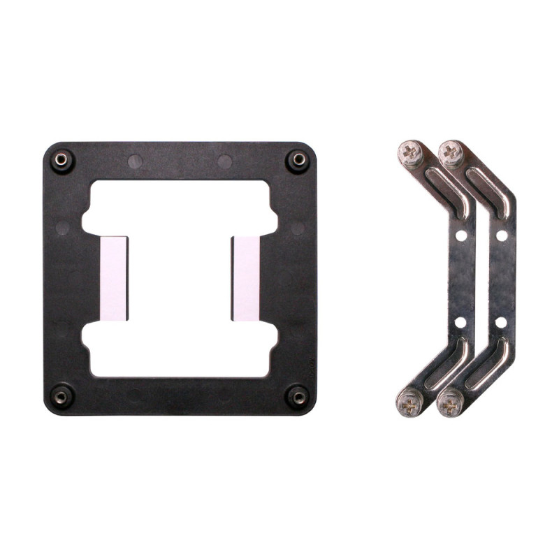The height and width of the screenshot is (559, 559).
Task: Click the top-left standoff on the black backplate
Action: point(61,159)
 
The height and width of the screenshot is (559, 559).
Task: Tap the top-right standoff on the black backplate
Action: point(298,159)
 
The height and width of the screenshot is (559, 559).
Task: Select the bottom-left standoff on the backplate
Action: point(61,397)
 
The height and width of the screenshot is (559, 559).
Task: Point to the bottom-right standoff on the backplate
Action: point(298,397)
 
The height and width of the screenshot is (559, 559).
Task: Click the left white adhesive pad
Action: point(115,278)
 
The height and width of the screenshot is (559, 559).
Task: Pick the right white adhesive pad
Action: point(245,278)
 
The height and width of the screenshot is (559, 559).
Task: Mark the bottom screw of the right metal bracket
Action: point(450,402)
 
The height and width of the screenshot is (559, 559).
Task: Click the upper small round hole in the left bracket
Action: point(460,236)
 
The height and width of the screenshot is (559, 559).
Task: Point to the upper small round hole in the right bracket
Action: point(501,236)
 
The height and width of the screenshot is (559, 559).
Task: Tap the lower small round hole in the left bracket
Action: point(460,322)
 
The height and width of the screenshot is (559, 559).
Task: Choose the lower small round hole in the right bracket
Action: point(501,322)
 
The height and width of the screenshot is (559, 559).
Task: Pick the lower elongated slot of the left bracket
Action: point(444,365)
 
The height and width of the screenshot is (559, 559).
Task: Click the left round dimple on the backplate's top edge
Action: point(135,161)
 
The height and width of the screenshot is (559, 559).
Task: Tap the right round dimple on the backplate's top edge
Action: point(224,161)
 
